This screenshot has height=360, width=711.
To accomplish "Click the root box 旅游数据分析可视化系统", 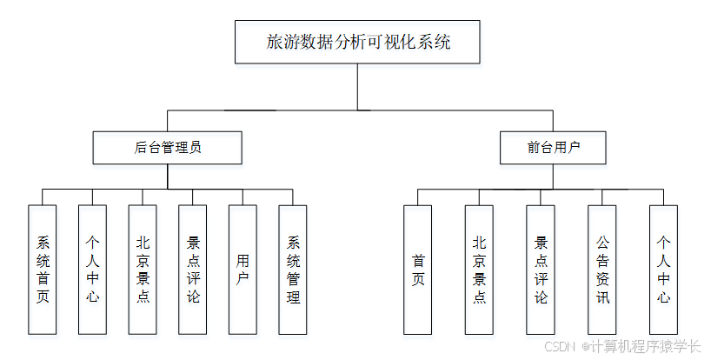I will tap(356, 42).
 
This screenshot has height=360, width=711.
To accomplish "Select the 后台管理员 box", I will tap(167, 148).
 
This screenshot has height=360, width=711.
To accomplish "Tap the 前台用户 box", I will tap(553, 148).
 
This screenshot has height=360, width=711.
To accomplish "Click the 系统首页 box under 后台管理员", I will tap(43, 270).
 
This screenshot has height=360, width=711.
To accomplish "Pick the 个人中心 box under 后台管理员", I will tap(93, 270).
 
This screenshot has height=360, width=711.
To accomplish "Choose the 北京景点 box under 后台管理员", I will tap(143, 270).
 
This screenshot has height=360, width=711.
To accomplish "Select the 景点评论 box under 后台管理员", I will tap(193, 270).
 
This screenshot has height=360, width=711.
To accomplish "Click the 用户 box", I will tap(243, 270).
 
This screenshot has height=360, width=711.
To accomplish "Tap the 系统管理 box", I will tap(293, 270).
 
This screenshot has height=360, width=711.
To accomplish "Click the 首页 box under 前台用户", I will tap(417, 270).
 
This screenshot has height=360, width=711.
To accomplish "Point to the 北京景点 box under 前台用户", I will tap(479, 270).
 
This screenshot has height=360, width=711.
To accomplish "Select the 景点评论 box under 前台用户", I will tap(541, 270).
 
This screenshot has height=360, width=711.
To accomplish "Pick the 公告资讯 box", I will tap(601, 270).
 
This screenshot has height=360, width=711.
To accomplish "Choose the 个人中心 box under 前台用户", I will tap(663, 270).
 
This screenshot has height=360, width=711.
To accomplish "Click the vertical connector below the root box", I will tap(357, 87).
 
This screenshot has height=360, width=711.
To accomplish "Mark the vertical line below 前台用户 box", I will tap(553, 177).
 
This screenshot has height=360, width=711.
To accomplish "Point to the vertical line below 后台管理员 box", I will tap(167, 177).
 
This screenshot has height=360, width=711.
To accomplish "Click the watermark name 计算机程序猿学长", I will tap(647, 346).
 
